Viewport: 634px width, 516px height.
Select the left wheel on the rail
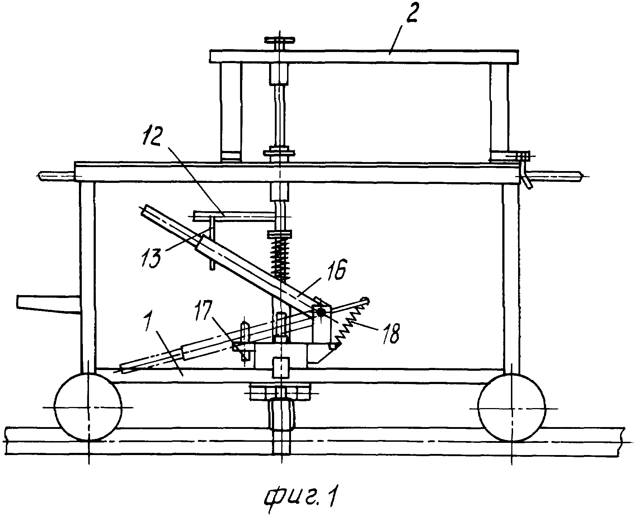pyautogui.click(x=88, y=407)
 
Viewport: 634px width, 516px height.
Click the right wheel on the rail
pyautogui.click(x=512, y=407)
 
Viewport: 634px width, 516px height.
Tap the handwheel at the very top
pyautogui.click(x=280, y=39)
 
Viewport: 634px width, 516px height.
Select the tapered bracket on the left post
pyautogui.click(x=48, y=304)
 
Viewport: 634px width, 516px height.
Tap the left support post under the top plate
pyautogui.click(x=231, y=112)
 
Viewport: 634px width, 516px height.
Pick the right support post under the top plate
pyautogui.click(x=499, y=112)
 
